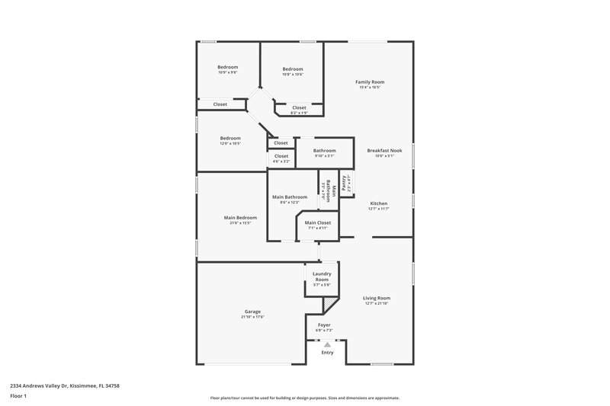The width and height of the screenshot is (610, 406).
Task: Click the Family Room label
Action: coord(371,82)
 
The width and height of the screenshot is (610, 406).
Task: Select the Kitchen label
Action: coord(379,203)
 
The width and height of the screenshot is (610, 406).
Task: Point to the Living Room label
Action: coord(377,298)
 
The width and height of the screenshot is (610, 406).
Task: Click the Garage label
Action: coord(252,311)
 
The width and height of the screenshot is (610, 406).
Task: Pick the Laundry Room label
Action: coord(322,277)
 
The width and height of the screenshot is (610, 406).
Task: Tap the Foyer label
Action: coord(324,324)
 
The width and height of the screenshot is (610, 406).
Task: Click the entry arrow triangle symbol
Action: coord(327,344)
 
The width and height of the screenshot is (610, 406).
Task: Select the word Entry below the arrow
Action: coord(327,353)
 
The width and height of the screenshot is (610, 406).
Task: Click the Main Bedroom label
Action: coord(240,217)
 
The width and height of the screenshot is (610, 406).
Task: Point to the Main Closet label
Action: coord(319,222)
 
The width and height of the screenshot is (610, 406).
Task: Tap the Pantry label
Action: coord(345,182)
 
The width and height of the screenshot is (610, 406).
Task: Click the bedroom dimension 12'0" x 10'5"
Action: coord(230,143)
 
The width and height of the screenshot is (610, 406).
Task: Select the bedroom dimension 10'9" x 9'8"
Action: coord(228,72)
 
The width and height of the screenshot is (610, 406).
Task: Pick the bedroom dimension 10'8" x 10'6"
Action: coord(292,74)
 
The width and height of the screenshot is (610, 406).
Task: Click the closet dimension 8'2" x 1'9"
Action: coord(299,113)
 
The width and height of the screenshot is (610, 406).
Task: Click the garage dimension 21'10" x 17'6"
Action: coord(252,316)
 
